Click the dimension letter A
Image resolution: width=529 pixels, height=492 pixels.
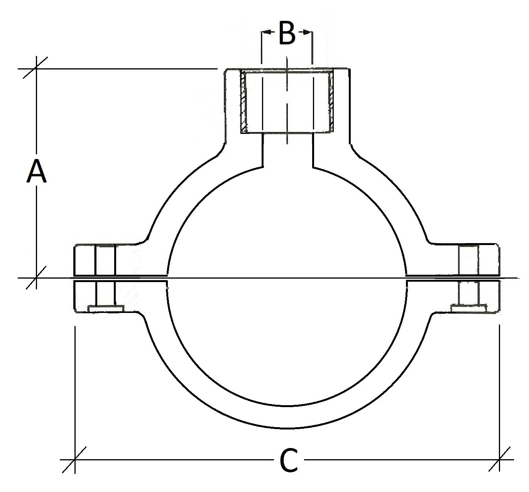(x=37, y=171)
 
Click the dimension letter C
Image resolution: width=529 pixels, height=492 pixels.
(x=288, y=460)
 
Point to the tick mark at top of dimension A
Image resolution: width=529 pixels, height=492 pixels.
(x=36, y=69)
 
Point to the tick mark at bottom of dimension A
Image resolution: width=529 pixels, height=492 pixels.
(x=36, y=277)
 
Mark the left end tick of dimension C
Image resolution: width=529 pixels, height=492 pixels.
(x=74, y=460)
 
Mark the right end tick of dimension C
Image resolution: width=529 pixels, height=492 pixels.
(x=499, y=460)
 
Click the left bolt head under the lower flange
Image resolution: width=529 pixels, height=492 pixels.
(x=106, y=309)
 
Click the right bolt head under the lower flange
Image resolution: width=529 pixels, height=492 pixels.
(x=468, y=308)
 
